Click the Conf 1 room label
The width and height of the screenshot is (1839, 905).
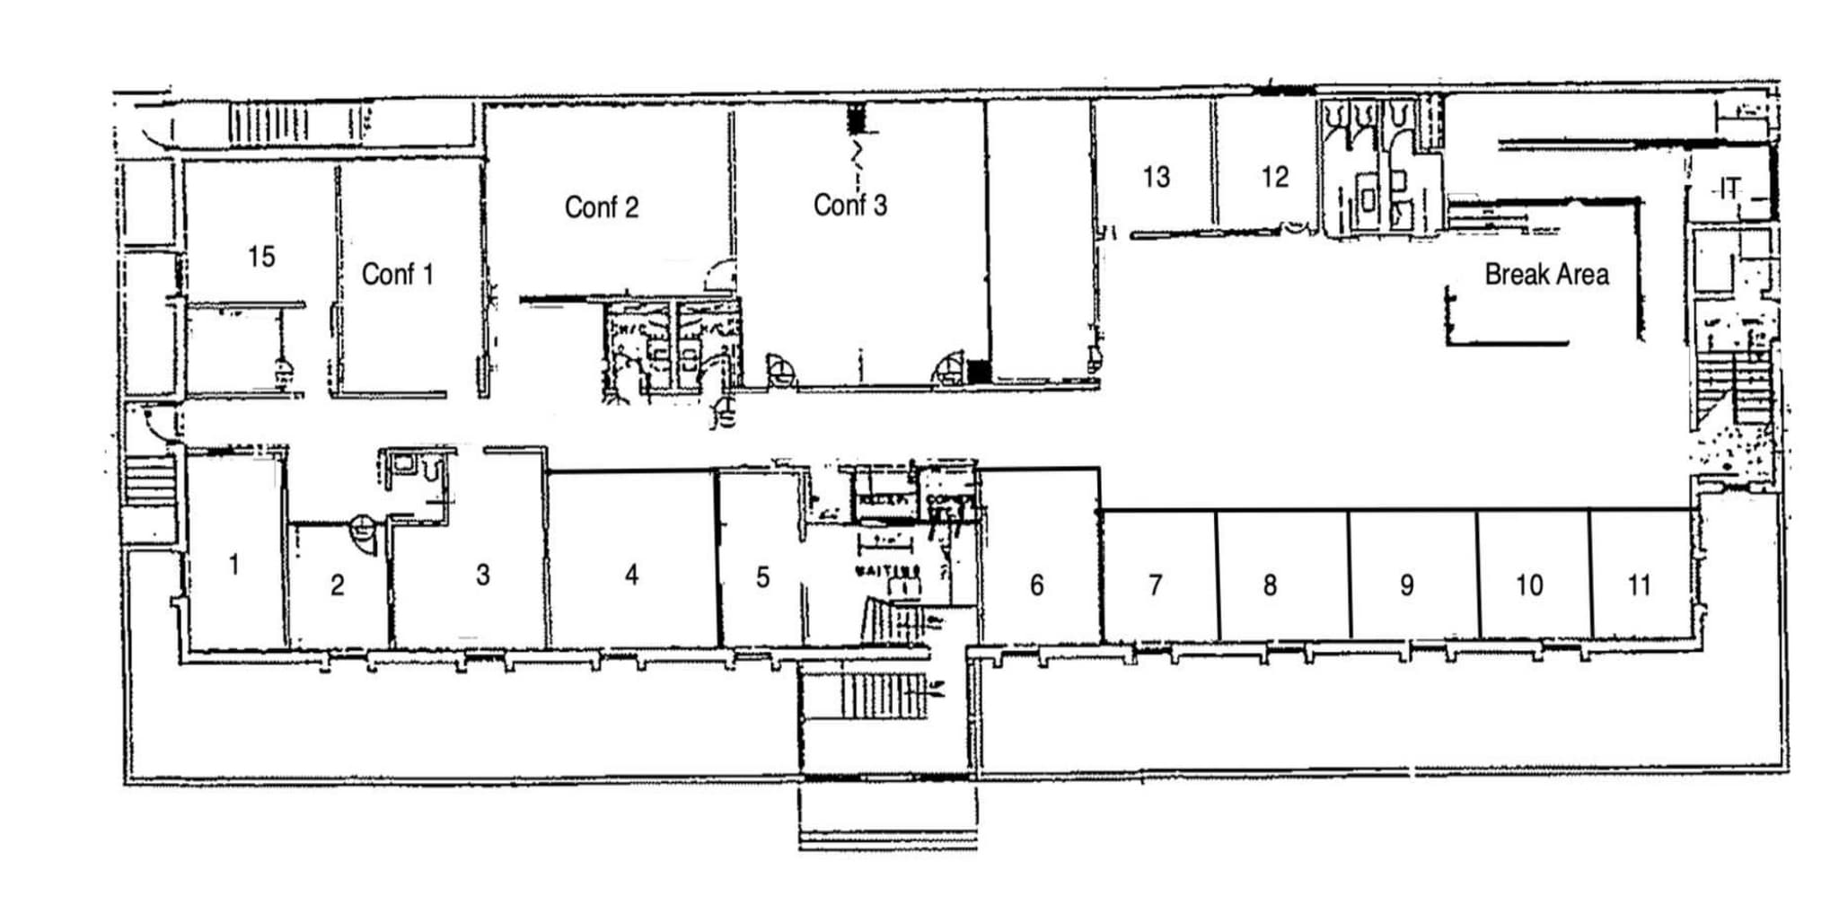[x=397, y=274]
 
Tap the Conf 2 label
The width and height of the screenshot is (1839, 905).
[x=602, y=207]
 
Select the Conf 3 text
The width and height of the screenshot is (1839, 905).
[x=849, y=206]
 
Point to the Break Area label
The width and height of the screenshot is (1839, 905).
[x=1546, y=275]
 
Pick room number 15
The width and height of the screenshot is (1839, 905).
[x=261, y=257]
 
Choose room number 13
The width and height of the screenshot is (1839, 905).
[x=1157, y=177]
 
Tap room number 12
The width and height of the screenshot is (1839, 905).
[x=1275, y=177]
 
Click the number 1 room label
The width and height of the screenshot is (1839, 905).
[x=234, y=565]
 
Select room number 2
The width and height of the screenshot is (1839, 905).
[x=337, y=585]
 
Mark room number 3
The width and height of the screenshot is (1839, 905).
[x=483, y=575]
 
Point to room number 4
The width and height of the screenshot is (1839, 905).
[x=632, y=575]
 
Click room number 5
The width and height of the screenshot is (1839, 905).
[x=762, y=576]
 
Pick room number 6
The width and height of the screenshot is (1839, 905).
[x=1037, y=585]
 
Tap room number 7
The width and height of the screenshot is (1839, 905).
[x=1156, y=585]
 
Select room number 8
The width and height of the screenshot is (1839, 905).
[x=1270, y=585]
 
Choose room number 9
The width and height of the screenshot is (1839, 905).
[x=1407, y=585]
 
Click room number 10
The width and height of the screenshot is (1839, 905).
[x=1529, y=585]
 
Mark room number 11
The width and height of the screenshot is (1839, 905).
[x=1640, y=585]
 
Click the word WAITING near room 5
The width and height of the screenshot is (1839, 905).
[x=887, y=570]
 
